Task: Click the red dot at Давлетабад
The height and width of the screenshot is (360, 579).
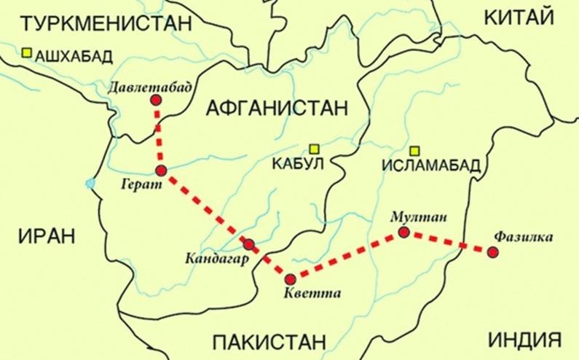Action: [x=155, y=101]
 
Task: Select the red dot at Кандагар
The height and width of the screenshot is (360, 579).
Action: [x=249, y=244]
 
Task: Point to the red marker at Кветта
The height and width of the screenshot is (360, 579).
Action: [x=291, y=278]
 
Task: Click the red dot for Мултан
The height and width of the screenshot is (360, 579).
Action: [x=404, y=232]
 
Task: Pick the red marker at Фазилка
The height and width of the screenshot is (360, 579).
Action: [x=493, y=252]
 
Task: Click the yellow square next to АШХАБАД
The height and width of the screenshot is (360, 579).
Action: [x=27, y=52]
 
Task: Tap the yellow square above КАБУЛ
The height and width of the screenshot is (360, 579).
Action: [x=314, y=147]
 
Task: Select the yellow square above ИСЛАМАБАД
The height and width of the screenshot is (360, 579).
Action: [x=414, y=150]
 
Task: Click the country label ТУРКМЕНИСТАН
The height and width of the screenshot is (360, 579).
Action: [x=97, y=24]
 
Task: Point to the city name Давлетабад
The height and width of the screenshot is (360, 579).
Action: [x=151, y=87]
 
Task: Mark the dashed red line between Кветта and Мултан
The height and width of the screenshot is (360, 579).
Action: [x=347, y=255]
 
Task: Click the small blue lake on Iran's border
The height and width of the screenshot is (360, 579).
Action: [x=90, y=183]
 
